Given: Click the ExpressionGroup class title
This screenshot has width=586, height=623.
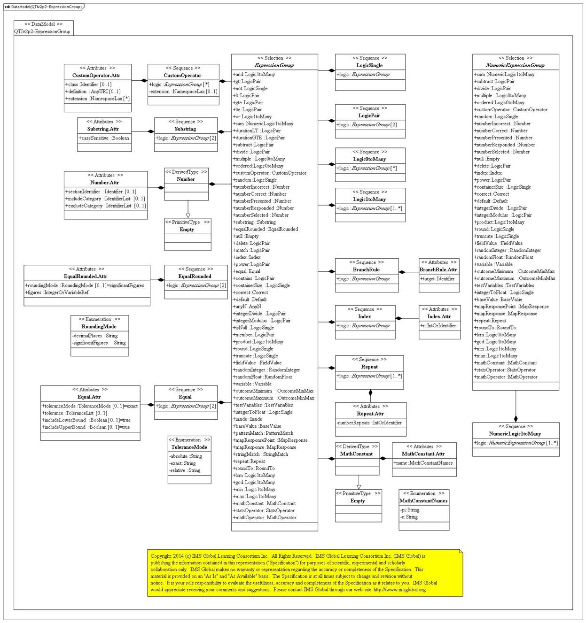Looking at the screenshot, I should click(274, 65).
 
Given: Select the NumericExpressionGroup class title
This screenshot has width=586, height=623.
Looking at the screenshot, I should click(515, 65).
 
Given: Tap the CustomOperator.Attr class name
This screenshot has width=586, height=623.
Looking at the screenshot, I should click(96, 75).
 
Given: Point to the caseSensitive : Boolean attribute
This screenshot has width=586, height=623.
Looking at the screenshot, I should click(104, 138).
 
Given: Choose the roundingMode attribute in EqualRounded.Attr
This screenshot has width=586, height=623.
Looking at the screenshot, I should click(85, 285).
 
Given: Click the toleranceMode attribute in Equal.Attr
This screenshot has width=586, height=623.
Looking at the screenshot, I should click(90, 406).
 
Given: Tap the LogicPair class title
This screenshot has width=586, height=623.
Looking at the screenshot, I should click(369, 115).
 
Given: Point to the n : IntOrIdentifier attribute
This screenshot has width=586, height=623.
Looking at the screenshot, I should click(438, 325).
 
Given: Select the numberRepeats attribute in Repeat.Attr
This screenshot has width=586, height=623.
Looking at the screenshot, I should click(369, 423).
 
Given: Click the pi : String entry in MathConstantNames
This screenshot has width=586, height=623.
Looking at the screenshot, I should click(410, 510).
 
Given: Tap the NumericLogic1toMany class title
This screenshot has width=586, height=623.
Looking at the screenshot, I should click(515, 434).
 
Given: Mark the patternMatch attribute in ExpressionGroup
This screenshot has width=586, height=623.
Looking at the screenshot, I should click(263, 433).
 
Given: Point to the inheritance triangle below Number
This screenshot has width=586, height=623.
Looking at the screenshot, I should click(188, 215).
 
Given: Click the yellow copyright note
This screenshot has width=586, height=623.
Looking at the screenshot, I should click(305, 573).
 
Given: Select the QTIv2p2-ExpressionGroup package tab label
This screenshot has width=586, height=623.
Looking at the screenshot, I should click(42, 31).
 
